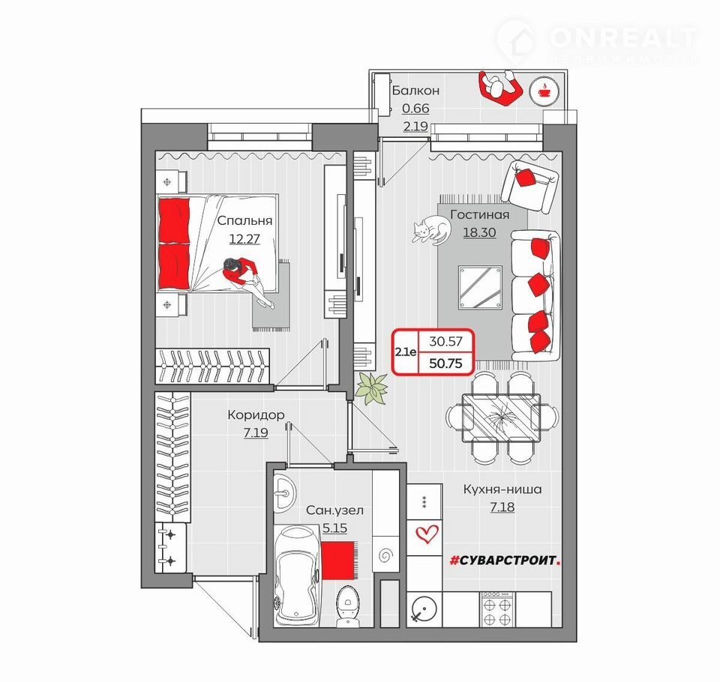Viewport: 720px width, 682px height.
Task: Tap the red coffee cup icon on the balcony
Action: pos(544,91)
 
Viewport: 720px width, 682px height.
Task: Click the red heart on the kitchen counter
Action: pos(427,534)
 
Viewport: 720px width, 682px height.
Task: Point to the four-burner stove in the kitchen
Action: pos(498,609)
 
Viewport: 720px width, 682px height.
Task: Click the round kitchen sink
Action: pos(423,609)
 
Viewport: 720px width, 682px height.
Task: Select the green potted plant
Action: pos(371,388)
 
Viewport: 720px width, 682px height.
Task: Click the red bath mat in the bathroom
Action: pos(338,560)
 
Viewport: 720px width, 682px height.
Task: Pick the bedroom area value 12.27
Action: pos(244,238)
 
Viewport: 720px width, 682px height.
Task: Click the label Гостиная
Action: pos(479,214)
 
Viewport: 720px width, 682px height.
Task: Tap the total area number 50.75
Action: pos(445,363)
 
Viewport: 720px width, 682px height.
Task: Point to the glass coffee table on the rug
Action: pos(480,287)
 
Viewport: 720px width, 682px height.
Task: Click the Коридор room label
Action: pos(256,415)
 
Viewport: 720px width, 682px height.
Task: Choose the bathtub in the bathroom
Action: pos(297,576)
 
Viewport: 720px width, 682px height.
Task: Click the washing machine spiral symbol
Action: pos(385,555)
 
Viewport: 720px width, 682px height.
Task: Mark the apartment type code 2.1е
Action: pos(406,352)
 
